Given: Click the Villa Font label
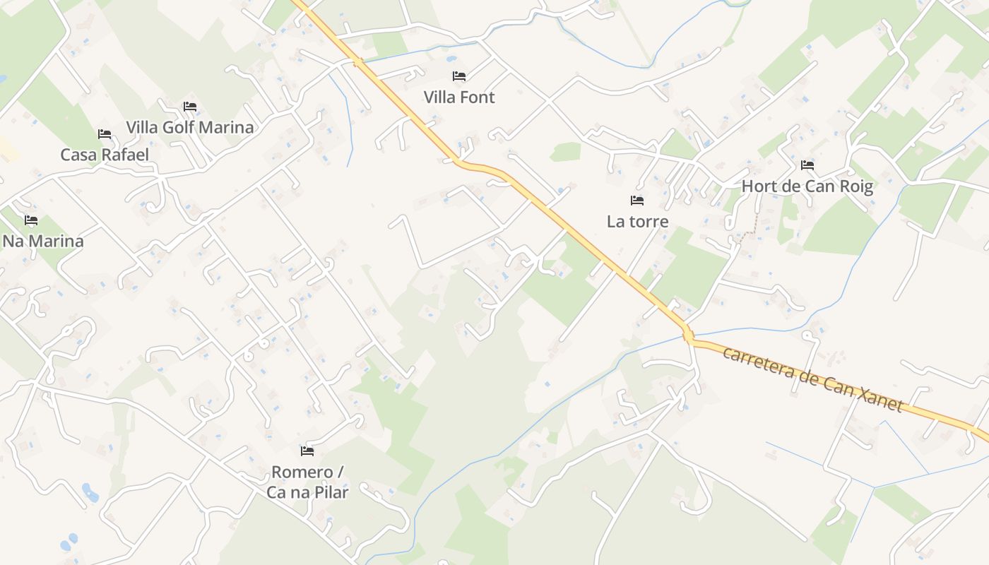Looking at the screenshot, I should pyautogui.click(x=459, y=97).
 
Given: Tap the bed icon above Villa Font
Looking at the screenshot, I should pyautogui.click(x=459, y=76).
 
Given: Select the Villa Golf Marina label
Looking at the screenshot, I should pyautogui.click(x=189, y=127).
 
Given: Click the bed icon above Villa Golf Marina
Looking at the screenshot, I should pyautogui.click(x=189, y=107).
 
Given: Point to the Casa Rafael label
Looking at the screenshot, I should pyautogui.click(x=105, y=155).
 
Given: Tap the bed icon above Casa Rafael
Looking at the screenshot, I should pyautogui.click(x=105, y=133).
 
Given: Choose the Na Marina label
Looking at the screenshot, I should pyautogui.click(x=43, y=241).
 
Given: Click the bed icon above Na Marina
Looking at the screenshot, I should pyautogui.click(x=31, y=220).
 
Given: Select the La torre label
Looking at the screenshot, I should pyautogui.click(x=637, y=221).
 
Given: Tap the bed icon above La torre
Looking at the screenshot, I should pyautogui.click(x=637, y=201).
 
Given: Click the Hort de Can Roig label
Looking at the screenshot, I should pyautogui.click(x=807, y=186).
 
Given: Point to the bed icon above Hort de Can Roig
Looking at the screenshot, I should pyautogui.click(x=807, y=165).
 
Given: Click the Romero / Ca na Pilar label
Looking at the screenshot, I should pyautogui.click(x=307, y=482).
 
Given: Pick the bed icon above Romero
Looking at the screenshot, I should pyautogui.click(x=307, y=451).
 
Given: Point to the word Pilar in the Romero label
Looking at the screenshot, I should pyautogui.click(x=330, y=492).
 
